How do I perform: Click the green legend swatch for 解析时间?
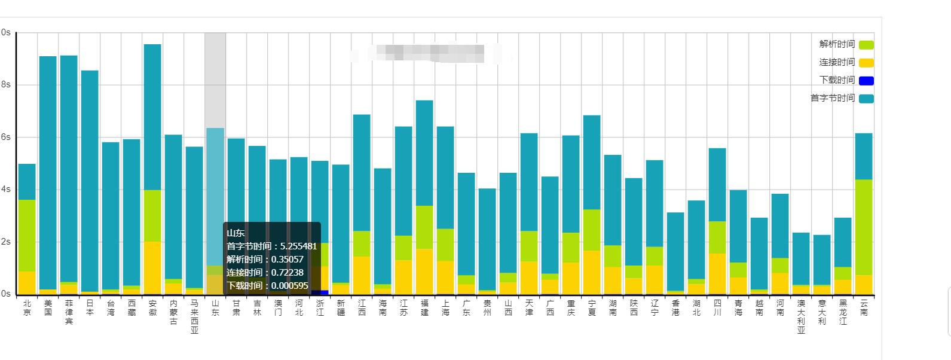click(866, 45)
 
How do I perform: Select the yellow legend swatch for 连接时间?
click(866, 63)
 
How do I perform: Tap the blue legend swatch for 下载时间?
click(866, 81)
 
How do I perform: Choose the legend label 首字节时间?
click(833, 98)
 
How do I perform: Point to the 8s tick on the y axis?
click(5, 85)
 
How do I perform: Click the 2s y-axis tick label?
click(5, 242)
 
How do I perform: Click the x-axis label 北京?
click(27, 308)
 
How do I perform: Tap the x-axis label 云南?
click(864, 308)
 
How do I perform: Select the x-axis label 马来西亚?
click(194, 317)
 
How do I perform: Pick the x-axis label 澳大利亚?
click(801, 317)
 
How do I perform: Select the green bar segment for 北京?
click(27, 236)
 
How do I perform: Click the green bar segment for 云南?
click(864, 227)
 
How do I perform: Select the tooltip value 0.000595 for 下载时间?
click(290, 286)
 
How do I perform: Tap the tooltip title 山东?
click(236, 233)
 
